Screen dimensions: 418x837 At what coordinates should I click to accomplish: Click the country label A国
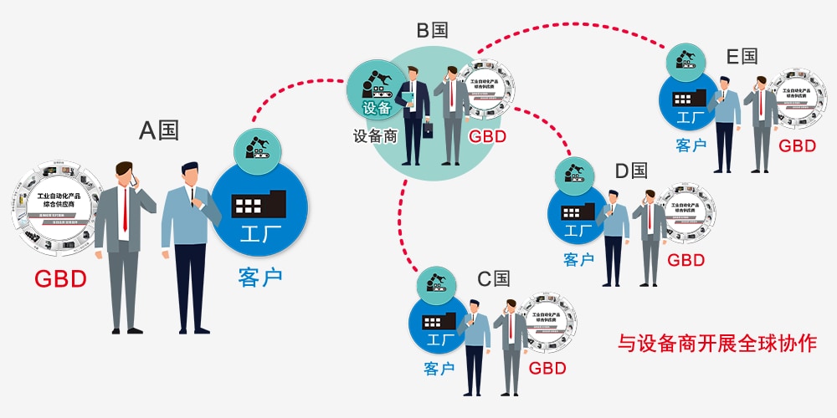(159, 131)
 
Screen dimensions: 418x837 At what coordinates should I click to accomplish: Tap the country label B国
(433, 31)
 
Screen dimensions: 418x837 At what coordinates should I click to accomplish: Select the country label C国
(494, 278)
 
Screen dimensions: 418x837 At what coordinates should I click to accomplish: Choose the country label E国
(742, 57)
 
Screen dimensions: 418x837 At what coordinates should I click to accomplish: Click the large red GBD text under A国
(60, 278)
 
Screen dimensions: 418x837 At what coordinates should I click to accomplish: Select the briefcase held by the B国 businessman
(429, 130)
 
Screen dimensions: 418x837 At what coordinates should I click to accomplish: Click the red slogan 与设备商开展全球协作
(717, 344)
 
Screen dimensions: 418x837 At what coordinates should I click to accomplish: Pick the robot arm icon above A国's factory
(259, 147)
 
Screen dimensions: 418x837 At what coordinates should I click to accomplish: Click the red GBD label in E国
(797, 145)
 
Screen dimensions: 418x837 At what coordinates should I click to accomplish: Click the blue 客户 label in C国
(439, 368)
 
